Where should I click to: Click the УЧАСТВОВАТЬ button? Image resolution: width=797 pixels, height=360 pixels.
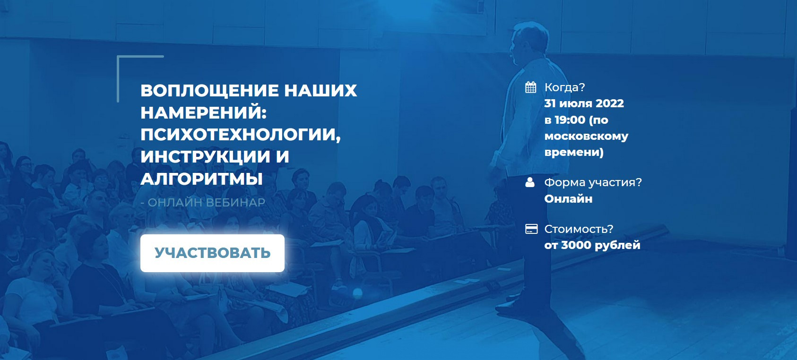pos(212,253)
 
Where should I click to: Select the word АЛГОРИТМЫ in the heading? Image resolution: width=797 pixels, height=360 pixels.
pos(201,179)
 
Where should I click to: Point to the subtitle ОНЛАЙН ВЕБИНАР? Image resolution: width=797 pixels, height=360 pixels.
pos(206,203)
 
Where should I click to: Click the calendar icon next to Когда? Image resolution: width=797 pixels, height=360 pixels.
pos(531,87)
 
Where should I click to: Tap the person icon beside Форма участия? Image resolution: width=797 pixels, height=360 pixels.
pos(530,182)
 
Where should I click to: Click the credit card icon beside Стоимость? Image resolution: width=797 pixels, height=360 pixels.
pos(531,229)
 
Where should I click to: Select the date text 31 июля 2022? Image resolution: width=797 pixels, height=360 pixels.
pos(584,103)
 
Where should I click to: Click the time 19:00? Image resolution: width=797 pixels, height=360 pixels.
pos(570,120)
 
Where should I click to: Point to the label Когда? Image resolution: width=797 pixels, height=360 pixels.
pos(564,87)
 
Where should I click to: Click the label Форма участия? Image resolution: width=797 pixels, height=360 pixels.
pos(593,182)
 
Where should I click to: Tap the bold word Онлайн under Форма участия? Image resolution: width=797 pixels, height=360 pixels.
pos(568,199)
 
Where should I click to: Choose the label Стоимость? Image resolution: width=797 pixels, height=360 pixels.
pos(579,229)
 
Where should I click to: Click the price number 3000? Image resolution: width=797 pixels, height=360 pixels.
pos(576,245)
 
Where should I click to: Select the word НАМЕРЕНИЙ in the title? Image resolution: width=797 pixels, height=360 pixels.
pos(203,112)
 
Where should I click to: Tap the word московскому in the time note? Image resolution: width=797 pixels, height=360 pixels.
pos(586,136)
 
